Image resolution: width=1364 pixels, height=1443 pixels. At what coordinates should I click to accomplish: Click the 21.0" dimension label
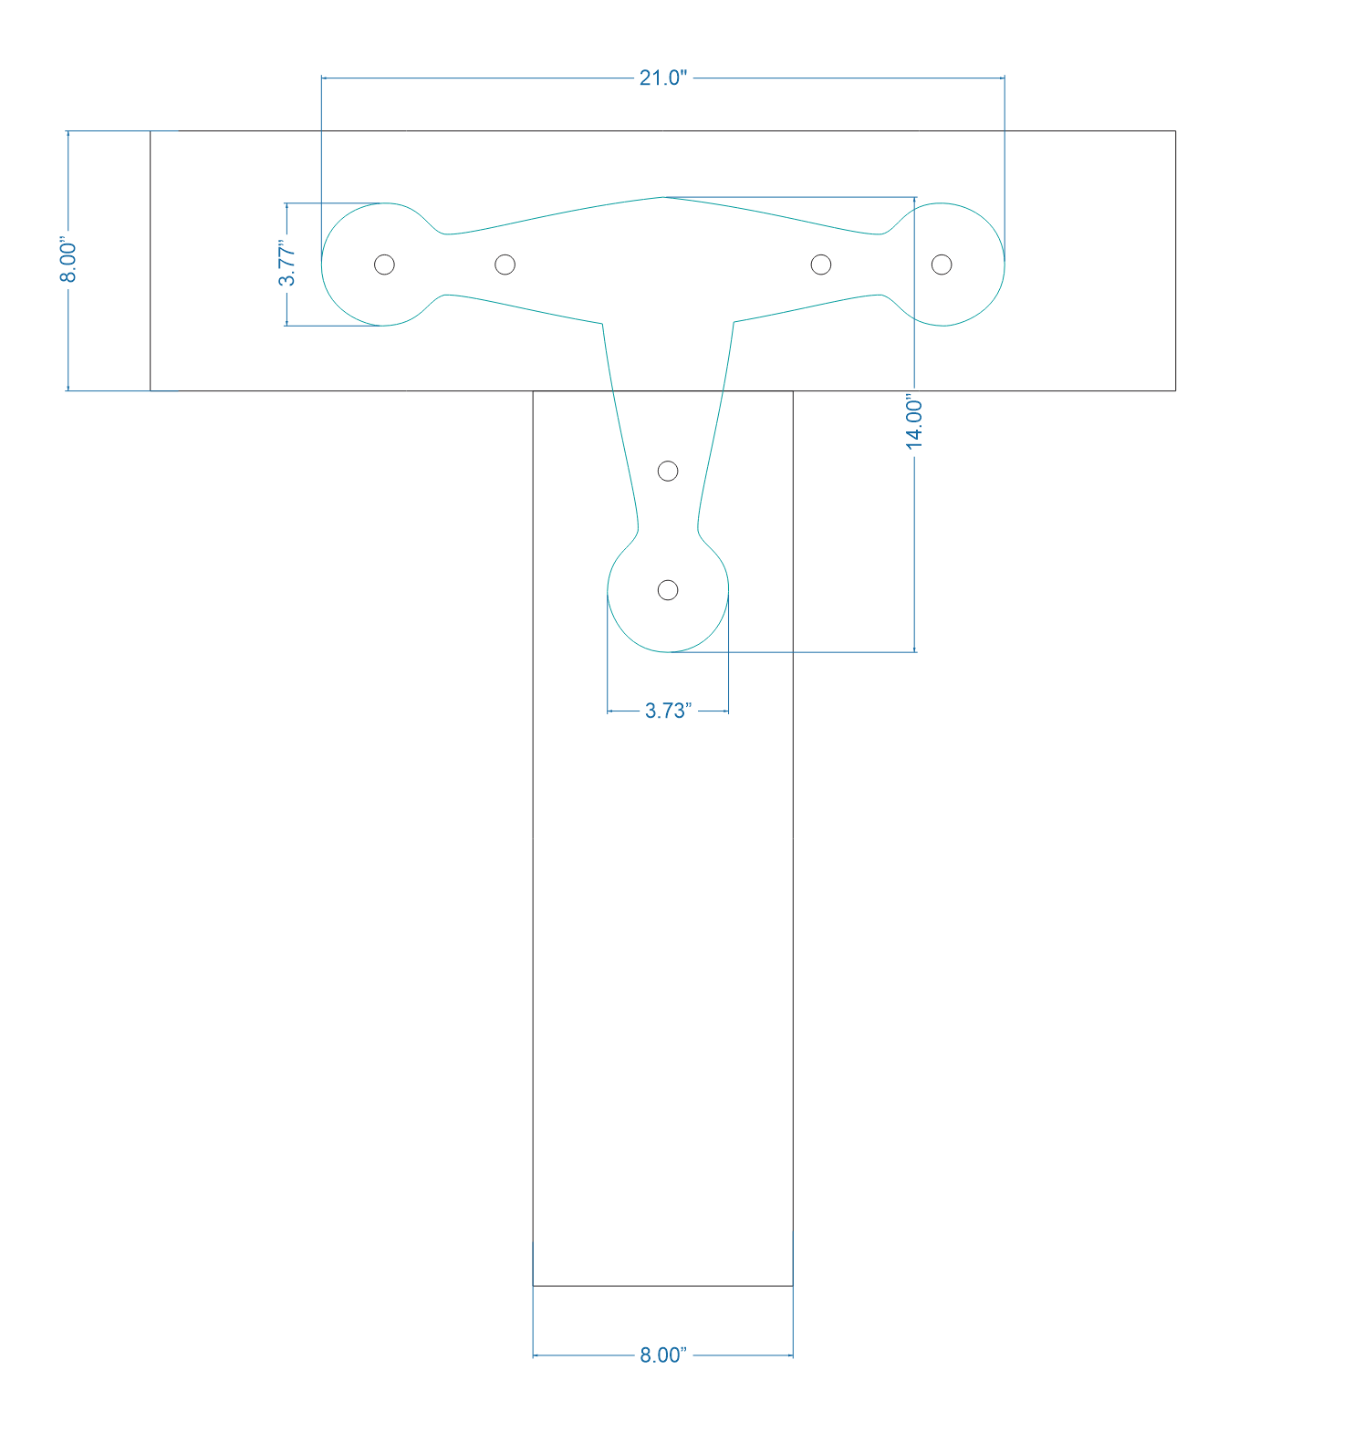(662, 78)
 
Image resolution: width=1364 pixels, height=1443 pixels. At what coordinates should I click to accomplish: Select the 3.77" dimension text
(287, 264)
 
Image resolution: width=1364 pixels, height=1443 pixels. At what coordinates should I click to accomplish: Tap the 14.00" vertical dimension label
(914, 421)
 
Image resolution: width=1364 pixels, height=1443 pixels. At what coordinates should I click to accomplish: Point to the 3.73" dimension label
(668, 711)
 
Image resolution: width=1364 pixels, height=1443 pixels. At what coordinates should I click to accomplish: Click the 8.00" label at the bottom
(662, 1355)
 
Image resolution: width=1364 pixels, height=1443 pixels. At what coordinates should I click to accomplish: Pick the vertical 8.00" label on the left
(69, 261)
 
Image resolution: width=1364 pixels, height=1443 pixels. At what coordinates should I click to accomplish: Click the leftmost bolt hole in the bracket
(385, 265)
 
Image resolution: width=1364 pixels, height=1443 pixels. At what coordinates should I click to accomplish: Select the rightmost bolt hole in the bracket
(942, 265)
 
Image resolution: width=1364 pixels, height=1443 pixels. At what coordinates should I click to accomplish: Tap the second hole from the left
(505, 265)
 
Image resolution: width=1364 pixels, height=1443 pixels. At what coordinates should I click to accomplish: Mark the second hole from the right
(821, 265)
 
